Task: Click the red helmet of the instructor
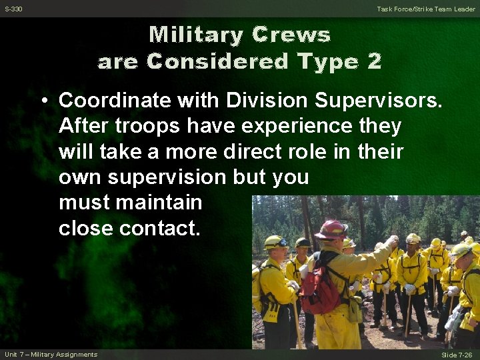coord(331,229)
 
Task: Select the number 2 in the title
coord(374,61)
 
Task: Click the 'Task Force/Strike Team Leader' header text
coord(426,9)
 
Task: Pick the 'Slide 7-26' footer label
coord(457,355)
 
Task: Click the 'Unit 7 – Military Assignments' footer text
coord(51,354)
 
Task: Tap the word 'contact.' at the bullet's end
coord(159,228)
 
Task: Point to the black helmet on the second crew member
coord(303,243)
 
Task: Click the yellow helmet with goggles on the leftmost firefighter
coord(275,242)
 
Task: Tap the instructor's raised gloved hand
coord(393,240)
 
